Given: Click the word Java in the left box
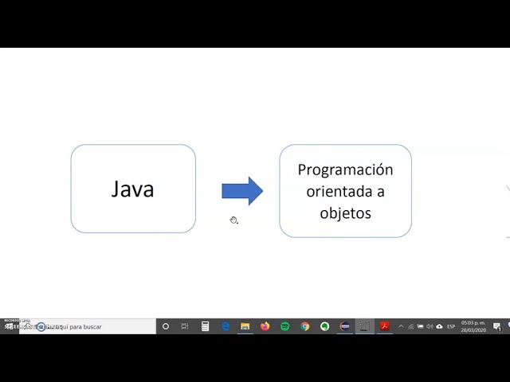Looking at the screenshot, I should [132, 189].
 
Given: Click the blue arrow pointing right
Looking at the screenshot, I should [241, 190].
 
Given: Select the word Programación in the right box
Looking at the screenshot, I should [345, 170].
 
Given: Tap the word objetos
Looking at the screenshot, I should [345, 213].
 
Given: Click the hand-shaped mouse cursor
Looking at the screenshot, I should [233, 220].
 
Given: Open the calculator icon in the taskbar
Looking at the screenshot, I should [205, 326].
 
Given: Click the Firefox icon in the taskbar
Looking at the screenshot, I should [265, 326].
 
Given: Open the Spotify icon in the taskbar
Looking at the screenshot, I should [284, 326].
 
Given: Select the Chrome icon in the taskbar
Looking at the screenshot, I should [304, 326].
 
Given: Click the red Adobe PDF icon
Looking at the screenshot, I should [384, 326].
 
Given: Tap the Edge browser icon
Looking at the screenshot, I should [226, 326].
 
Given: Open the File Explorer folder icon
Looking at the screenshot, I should [245, 326].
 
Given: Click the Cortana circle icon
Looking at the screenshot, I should [166, 326].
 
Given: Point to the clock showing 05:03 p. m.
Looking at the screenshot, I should [473, 323].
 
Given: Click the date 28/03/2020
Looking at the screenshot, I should [473, 330].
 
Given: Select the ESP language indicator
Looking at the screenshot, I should [451, 326].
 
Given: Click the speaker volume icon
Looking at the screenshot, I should [430, 326].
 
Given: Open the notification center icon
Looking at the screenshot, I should [496, 326].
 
